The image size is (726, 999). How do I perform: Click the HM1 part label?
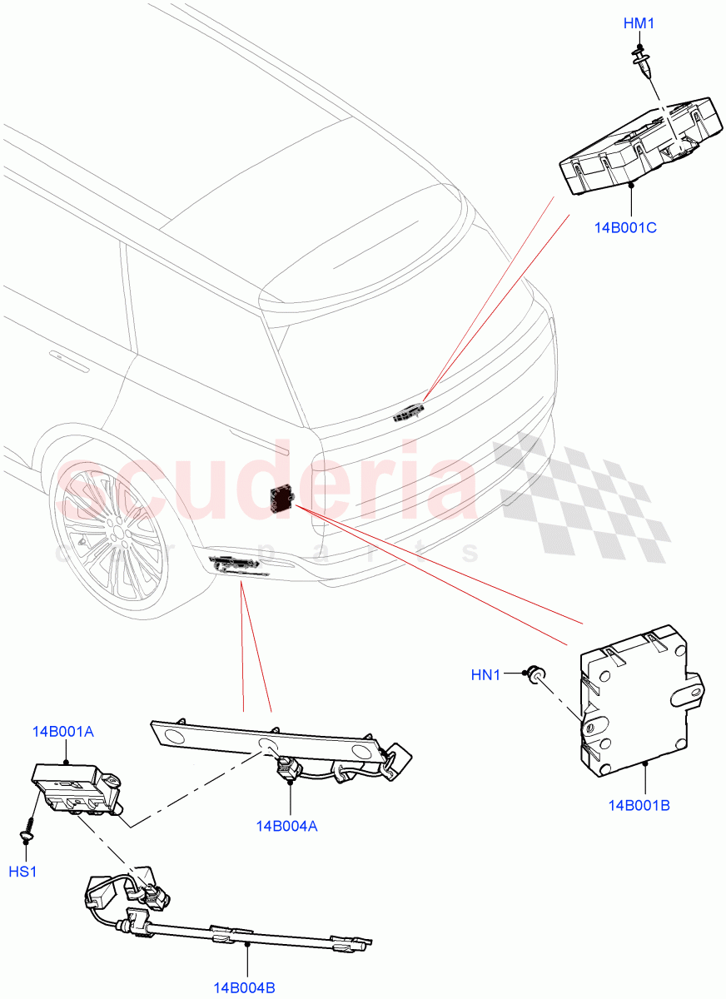639,24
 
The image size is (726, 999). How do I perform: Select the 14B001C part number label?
625,226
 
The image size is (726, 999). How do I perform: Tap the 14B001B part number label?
639,805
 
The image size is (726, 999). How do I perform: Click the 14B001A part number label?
63,732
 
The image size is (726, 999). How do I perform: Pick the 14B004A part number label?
288,826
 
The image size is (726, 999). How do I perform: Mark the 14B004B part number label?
244,988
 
